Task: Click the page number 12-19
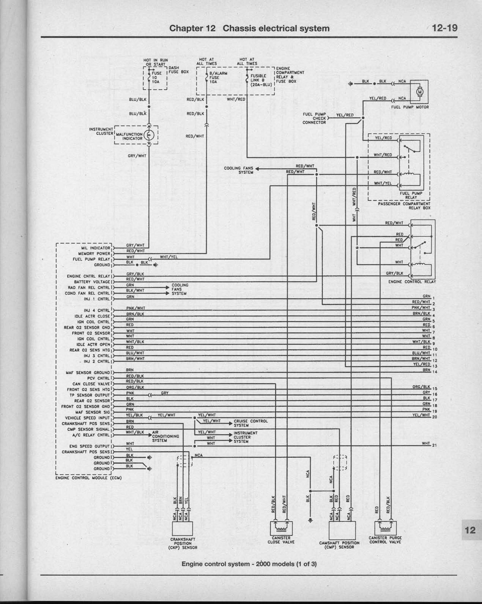445,28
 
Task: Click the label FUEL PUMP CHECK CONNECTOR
314,118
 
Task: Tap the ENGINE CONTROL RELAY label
412,282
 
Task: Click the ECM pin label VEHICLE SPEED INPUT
88,418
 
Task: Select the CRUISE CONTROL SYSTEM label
251,423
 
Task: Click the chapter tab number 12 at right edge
470,530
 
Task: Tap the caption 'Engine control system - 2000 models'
249,564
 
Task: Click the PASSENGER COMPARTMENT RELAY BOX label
404,206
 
